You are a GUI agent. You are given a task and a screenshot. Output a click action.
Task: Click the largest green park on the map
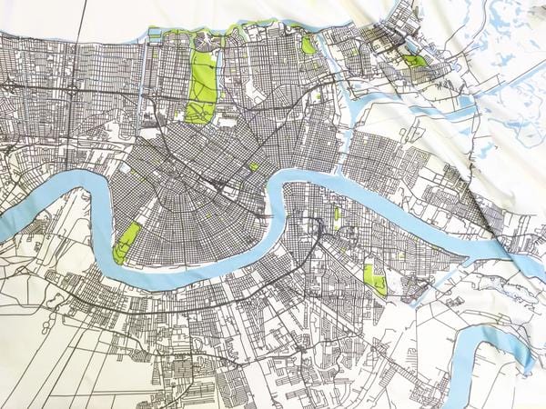[201, 86]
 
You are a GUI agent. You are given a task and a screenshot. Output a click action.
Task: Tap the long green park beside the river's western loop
[126, 242]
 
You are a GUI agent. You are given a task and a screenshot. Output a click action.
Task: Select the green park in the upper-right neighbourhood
[415, 61]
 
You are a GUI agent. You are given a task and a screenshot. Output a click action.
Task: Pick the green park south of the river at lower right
[373, 278]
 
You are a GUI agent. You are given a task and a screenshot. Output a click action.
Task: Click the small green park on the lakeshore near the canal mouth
[308, 45]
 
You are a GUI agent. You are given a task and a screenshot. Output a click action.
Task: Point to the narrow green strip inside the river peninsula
[336, 214]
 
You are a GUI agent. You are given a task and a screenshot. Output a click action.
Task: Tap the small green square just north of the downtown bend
[253, 167]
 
